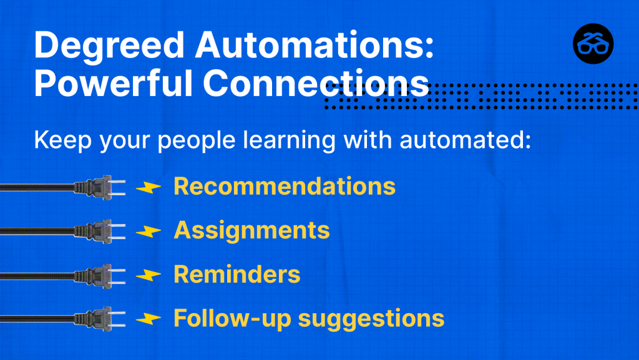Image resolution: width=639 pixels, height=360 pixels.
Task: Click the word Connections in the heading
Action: (x=316, y=83)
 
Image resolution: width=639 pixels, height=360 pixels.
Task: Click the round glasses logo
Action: (x=593, y=44)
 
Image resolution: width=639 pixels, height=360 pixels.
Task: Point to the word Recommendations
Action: (x=285, y=186)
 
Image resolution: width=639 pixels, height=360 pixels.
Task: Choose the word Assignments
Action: (x=251, y=230)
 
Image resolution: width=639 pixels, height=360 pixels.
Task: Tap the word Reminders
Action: (x=237, y=274)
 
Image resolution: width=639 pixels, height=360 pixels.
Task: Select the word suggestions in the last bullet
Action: (x=371, y=319)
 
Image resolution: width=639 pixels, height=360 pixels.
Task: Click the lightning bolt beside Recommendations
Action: (x=149, y=187)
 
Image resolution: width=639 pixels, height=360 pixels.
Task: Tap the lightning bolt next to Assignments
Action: (x=149, y=231)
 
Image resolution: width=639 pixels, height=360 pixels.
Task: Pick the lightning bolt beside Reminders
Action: (x=149, y=275)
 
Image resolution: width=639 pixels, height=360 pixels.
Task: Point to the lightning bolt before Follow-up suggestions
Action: (x=149, y=319)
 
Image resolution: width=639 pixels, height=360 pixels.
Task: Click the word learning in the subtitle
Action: (x=290, y=140)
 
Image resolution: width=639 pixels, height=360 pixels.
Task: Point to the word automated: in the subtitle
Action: (x=466, y=140)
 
